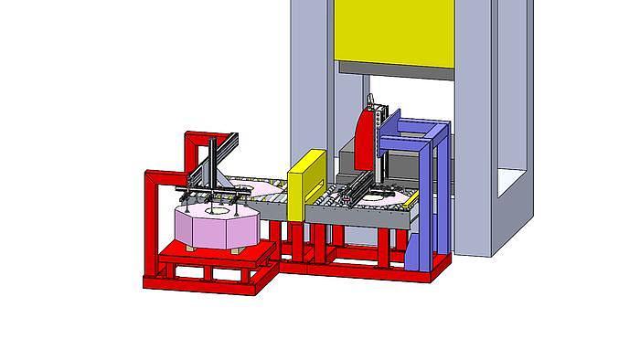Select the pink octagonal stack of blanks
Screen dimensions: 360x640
tap(217, 228)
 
